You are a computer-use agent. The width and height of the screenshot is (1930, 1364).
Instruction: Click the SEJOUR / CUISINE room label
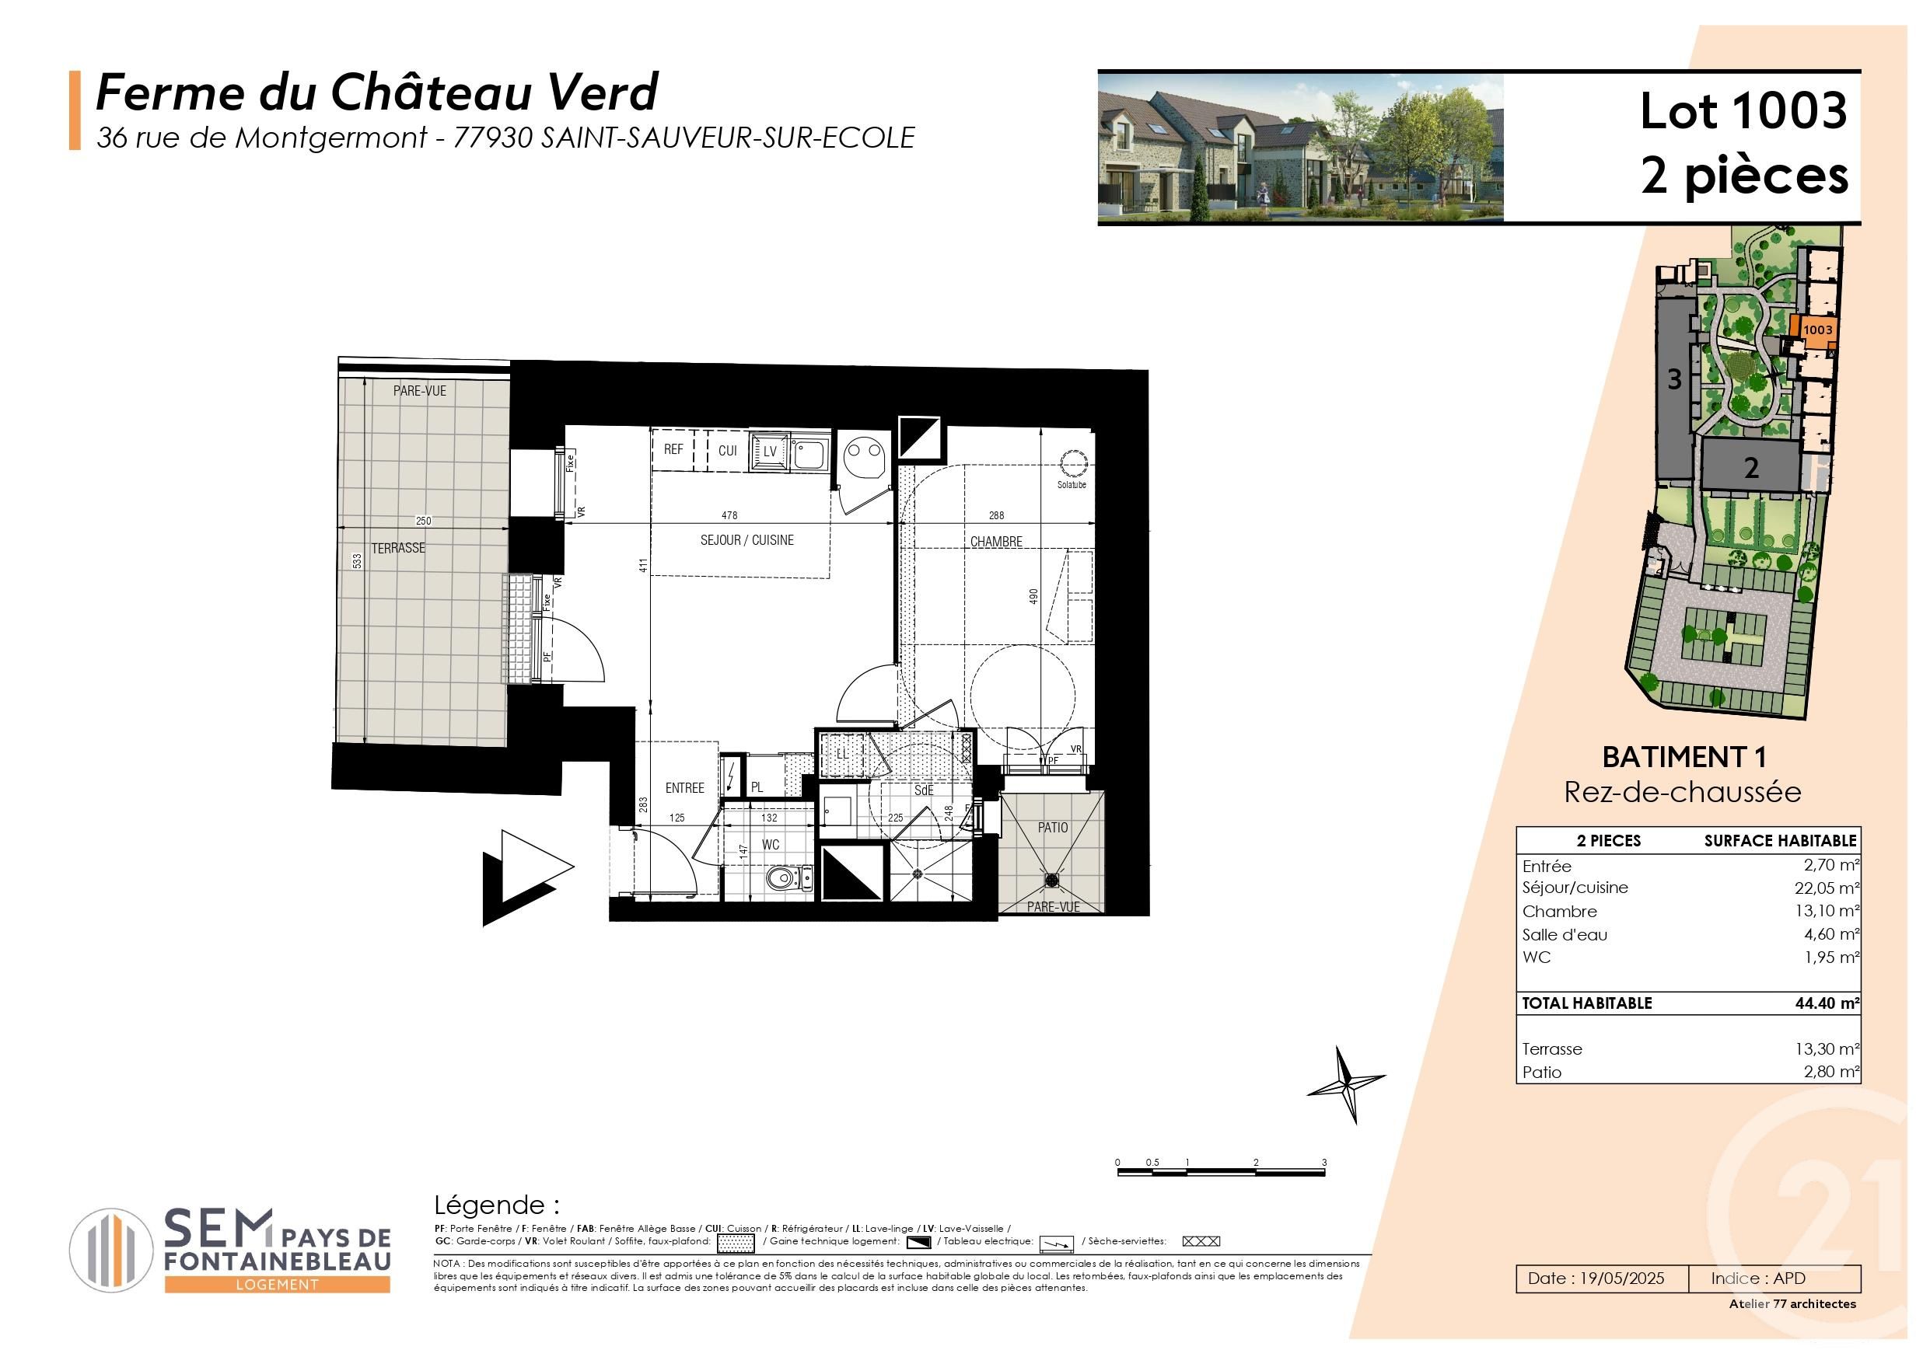tap(746, 540)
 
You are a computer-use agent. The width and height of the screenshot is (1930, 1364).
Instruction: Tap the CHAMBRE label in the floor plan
tap(996, 542)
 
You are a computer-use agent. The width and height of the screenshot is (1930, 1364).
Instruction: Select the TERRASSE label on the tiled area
tap(398, 548)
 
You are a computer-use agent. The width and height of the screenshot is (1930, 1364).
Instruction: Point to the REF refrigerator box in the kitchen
tap(673, 450)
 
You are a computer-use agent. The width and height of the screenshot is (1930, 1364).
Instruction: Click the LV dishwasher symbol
tap(769, 452)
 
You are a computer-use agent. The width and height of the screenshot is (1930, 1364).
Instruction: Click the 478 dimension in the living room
tap(729, 515)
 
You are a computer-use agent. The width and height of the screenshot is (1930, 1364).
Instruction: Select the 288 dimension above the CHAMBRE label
tap(996, 515)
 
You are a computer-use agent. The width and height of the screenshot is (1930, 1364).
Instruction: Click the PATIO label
tap(1052, 828)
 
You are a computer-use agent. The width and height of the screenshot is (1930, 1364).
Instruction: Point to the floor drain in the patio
tap(1051, 880)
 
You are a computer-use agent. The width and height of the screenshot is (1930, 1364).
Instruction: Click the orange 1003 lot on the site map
tap(1816, 330)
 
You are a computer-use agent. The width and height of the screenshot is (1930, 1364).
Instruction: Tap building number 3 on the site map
tap(1673, 380)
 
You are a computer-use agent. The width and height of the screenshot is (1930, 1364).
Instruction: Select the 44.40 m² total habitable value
tap(1827, 1003)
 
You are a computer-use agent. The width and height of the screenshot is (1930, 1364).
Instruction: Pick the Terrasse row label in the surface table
tap(1552, 1049)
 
